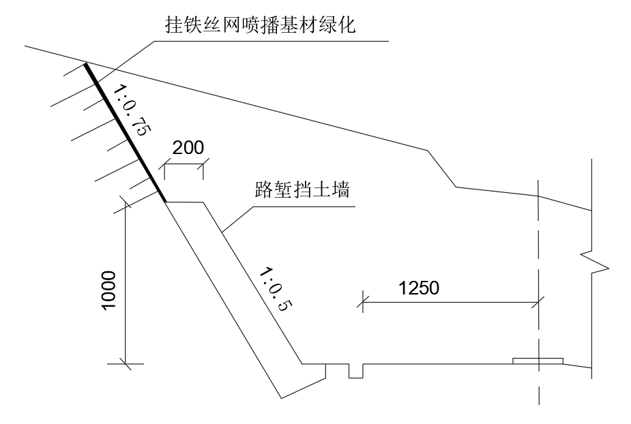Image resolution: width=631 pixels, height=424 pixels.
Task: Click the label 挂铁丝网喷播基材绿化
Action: click(x=261, y=25)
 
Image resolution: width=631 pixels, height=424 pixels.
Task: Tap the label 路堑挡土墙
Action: click(x=302, y=189)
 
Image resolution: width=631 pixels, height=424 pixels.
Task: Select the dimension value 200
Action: click(x=188, y=148)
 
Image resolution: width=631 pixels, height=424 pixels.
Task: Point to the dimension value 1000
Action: click(x=108, y=290)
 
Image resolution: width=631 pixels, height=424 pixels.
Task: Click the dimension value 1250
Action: click(x=419, y=288)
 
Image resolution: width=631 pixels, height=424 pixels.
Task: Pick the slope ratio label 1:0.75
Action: click(x=132, y=110)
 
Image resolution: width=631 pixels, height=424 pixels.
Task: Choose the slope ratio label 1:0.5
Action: click(x=276, y=289)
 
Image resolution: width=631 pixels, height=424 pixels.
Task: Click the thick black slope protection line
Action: click(x=125, y=132)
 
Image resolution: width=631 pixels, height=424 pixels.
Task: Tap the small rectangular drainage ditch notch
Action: click(x=355, y=371)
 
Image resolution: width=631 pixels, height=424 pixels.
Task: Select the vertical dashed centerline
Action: click(x=538, y=292)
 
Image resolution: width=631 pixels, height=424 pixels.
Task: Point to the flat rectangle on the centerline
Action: click(x=538, y=361)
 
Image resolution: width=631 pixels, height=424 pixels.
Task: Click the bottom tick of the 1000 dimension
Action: click(x=125, y=363)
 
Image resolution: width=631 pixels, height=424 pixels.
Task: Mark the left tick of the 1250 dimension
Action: click(x=363, y=302)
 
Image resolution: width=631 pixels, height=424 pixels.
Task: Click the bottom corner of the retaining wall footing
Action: click(x=281, y=399)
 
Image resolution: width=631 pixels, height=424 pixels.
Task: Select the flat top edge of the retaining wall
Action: click(x=185, y=202)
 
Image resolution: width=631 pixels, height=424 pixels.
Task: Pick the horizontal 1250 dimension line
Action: click(x=451, y=302)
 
